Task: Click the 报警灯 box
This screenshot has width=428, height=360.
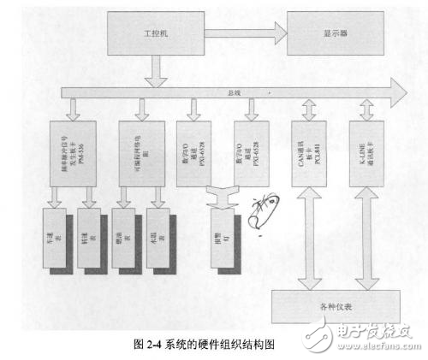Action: (x=221, y=233)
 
